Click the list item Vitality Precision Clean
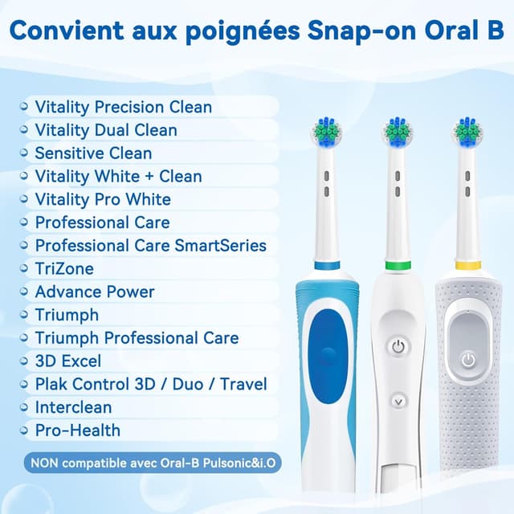[x=123, y=107]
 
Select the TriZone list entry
[x=64, y=269]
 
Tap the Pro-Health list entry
[x=77, y=430]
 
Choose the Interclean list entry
[x=73, y=407]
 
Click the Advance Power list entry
[x=94, y=292]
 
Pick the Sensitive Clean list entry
[x=93, y=153]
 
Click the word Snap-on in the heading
[x=376, y=33]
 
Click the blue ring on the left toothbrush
[x=325, y=265]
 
